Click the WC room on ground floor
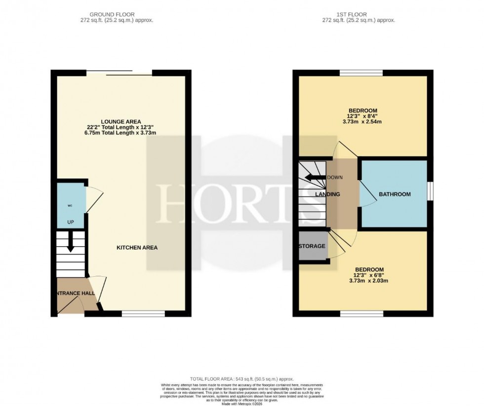click(71, 205)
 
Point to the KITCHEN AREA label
click(137, 248)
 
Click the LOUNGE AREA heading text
click(121, 121)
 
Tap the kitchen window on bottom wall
click(143, 313)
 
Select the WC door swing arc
click(95, 199)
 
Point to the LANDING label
click(328, 194)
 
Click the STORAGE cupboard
click(312, 246)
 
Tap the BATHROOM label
click(395, 194)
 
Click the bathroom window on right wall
click(430, 191)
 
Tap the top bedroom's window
click(361, 73)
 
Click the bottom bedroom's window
click(362, 313)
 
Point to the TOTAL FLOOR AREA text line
click(242, 377)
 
